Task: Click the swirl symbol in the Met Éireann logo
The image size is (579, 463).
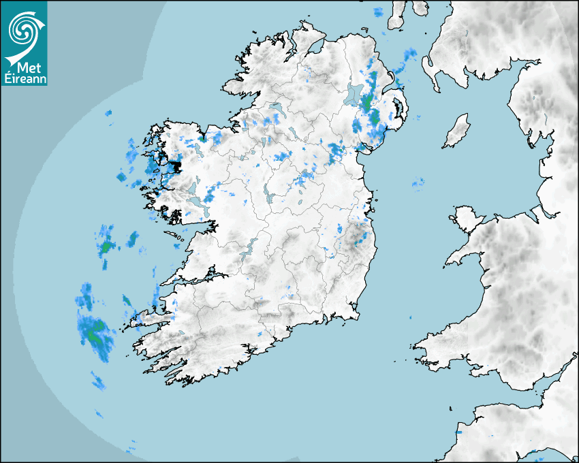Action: [25, 29]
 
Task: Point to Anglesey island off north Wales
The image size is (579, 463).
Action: [464, 216]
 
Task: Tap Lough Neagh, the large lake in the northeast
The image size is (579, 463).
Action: [354, 95]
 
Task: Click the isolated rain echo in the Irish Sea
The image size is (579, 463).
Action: [418, 182]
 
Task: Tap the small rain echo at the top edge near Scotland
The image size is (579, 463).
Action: [378, 12]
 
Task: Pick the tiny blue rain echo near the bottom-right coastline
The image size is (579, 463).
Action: [458, 432]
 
